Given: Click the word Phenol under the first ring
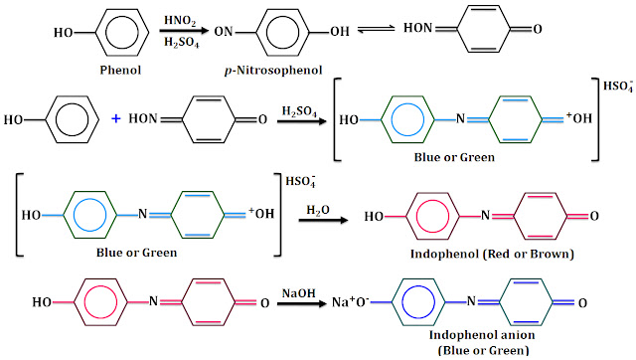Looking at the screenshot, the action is pyautogui.click(x=120, y=71).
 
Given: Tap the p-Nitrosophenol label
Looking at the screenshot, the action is pyautogui.click(x=273, y=71).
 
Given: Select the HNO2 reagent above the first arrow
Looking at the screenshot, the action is pyautogui.click(x=180, y=21).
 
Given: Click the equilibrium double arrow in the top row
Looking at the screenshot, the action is pyautogui.click(x=376, y=29).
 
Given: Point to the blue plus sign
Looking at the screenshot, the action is pyautogui.click(x=116, y=118).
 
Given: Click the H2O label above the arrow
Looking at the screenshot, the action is pyautogui.click(x=318, y=210).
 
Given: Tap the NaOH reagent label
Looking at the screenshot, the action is pyautogui.click(x=299, y=293).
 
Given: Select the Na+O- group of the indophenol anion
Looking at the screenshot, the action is pyautogui.click(x=351, y=302).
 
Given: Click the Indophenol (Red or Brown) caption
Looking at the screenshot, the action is pyautogui.click(x=492, y=254).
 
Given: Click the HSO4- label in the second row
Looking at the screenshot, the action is pyautogui.click(x=618, y=87).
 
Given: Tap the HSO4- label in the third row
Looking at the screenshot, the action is pyautogui.click(x=300, y=181).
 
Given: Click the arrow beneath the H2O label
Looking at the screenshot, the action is pyautogui.click(x=323, y=221).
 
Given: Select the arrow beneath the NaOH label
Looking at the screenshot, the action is pyautogui.click(x=301, y=303).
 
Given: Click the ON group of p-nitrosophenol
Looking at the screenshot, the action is pyautogui.click(x=224, y=31).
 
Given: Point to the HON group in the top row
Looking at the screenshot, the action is pyautogui.click(x=417, y=28).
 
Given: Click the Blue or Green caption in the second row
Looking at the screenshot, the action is pyautogui.click(x=454, y=157).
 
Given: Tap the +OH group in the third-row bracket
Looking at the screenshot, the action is pyautogui.click(x=261, y=213).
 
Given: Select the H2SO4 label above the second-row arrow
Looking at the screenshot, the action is pyautogui.click(x=299, y=111).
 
